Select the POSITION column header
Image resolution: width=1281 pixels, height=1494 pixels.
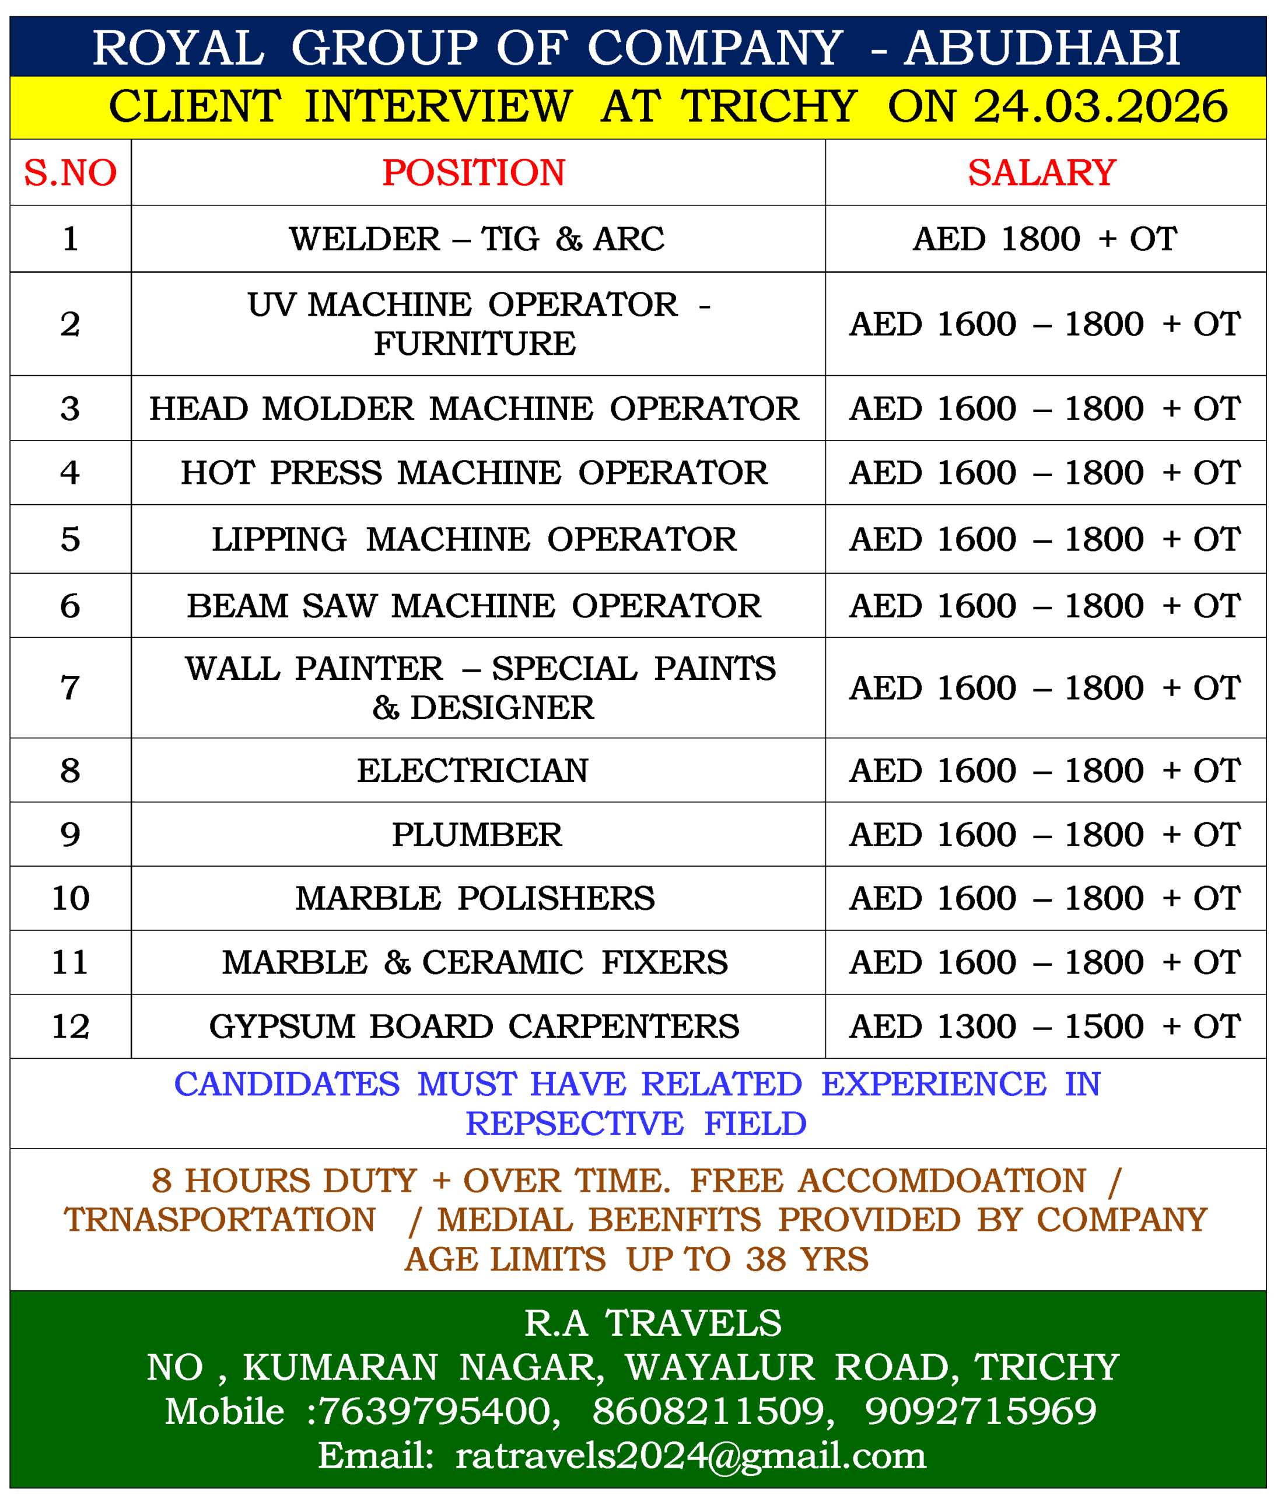point(474,173)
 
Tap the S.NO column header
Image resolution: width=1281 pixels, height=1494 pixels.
point(70,173)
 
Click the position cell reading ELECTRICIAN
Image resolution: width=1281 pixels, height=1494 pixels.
point(473,771)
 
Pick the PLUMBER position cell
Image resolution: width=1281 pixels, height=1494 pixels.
point(477,835)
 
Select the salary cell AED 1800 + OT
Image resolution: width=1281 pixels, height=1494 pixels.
point(1045,239)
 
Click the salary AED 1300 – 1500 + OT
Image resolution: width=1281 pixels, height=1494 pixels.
point(1045,1027)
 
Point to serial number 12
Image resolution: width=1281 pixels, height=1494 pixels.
point(70,1027)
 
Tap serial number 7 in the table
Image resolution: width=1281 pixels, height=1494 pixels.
point(70,688)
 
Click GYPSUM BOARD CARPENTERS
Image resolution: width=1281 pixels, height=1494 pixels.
point(474,1027)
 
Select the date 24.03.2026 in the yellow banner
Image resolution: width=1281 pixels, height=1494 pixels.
point(1100,107)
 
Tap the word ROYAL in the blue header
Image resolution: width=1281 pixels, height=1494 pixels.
point(178,48)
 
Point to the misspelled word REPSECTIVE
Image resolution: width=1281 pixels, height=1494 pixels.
point(574,1124)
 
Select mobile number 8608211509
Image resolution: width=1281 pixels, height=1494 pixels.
point(708,1411)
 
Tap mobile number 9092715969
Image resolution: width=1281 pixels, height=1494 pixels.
point(981,1411)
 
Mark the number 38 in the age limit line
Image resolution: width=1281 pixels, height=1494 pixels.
point(765,1259)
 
